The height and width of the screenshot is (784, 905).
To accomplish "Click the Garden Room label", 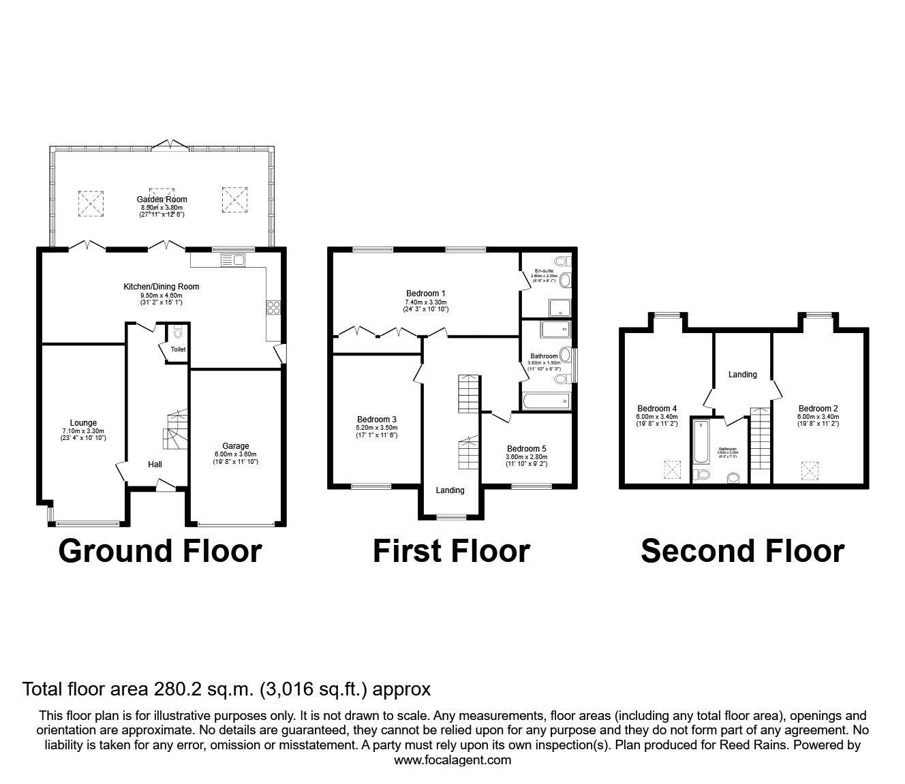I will pyautogui.click(x=162, y=200).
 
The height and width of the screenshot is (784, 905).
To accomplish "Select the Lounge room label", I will pyautogui.click(x=83, y=423).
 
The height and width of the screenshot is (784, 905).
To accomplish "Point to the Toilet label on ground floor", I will pyautogui.click(x=178, y=349).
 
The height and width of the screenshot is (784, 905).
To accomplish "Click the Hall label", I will pyautogui.click(x=155, y=465).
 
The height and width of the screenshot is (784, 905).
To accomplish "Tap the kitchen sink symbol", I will pyautogui.click(x=233, y=260).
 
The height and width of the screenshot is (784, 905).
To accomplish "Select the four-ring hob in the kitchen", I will pyautogui.click(x=275, y=307).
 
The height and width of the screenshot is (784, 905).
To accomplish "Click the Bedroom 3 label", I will pyautogui.click(x=377, y=420).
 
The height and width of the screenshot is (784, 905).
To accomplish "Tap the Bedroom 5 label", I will pyautogui.click(x=526, y=448).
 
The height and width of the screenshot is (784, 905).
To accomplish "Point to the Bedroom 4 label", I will pyautogui.click(x=656, y=409).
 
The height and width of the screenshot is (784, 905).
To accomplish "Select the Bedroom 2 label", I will pyautogui.click(x=818, y=409).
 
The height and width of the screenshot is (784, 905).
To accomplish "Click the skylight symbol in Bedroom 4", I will pyautogui.click(x=672, y=469).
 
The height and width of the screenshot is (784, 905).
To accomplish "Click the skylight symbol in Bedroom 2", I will pyautogui.click(x=810, y=469).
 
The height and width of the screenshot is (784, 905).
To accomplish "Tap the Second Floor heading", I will pyautogui.click(x=742, y=551).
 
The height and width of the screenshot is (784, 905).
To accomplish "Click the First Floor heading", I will pyautogui.click(x=451, y=551).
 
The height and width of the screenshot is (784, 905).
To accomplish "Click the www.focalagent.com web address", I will pyautogui.click(x=452, y=760).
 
